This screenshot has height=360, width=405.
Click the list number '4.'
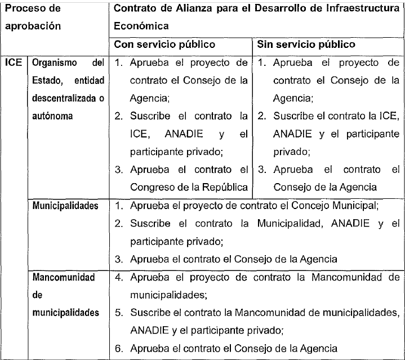click(x=118, y=278)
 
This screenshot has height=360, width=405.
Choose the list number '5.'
click(x=118, y=313)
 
